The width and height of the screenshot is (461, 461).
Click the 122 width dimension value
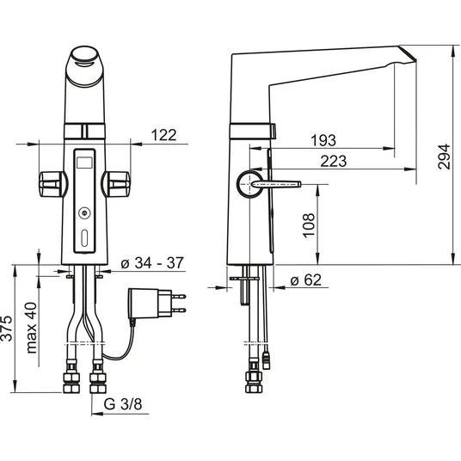point(163,135)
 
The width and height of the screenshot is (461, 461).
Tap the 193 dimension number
point(323,140)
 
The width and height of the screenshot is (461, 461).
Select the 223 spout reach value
point(334,161)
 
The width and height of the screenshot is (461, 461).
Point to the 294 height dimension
point(444,157)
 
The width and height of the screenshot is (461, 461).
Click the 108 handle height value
point(309,225)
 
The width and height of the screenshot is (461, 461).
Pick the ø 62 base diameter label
point(306,280)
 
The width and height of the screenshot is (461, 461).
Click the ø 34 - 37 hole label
point(152,262)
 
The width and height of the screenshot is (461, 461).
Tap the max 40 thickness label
point(32,328)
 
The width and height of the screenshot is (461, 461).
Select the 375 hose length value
point(7,329)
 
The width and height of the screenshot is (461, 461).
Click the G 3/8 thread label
point(123,404)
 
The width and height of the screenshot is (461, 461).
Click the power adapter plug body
point(150,304)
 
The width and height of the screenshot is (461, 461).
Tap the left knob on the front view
point(52,184)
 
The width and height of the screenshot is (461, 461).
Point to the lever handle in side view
point(275,184)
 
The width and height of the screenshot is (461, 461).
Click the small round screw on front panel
point(84,213)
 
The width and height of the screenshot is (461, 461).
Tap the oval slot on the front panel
point(84,238)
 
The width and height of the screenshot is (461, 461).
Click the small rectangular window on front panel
point(84,163)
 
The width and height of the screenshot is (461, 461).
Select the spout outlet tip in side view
point(408,53)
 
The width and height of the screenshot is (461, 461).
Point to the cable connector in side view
point(266,360)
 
